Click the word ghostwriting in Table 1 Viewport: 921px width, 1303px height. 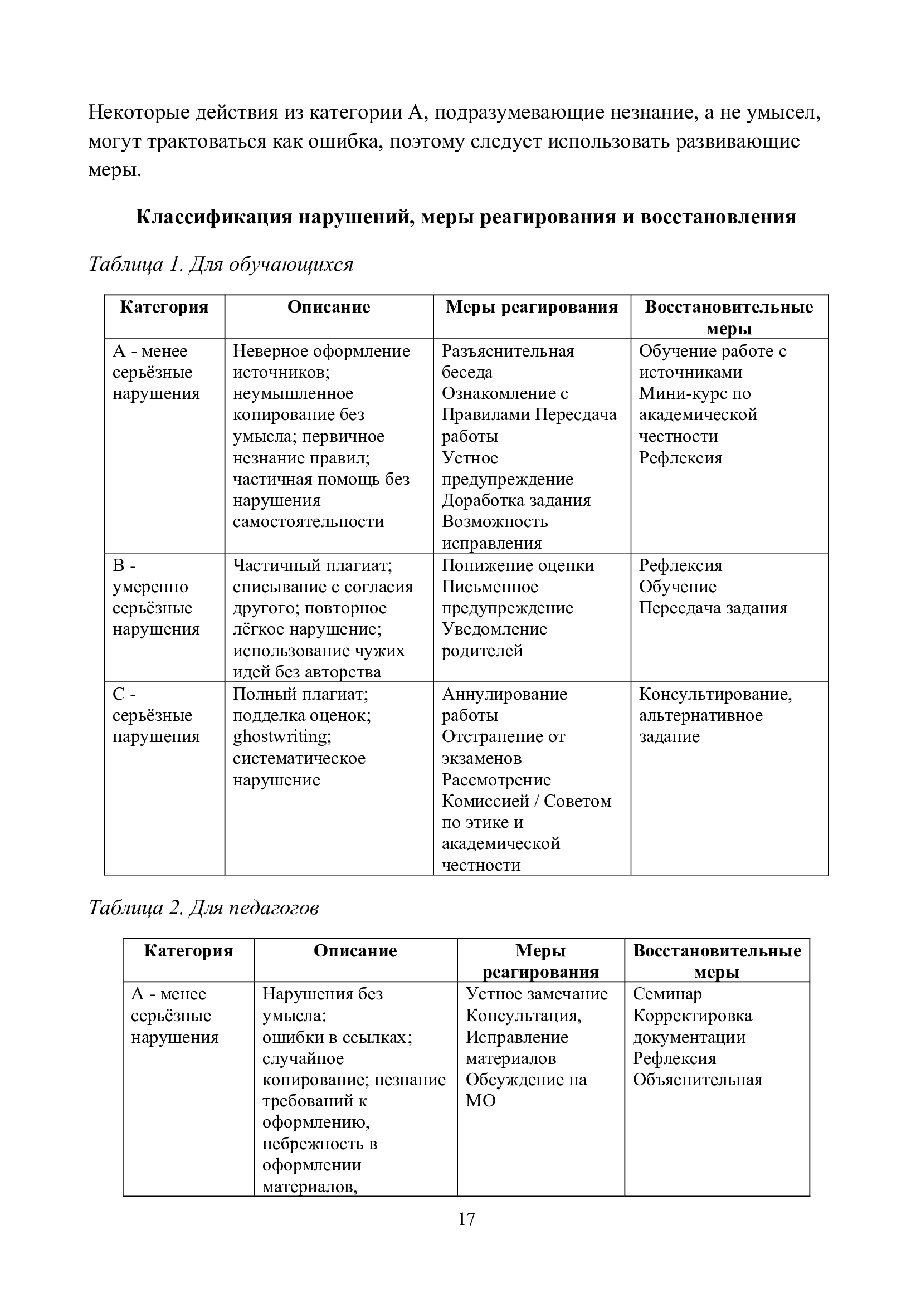click(x=281, y=736)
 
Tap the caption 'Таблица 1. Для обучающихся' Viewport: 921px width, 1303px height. click(x=221, y=265)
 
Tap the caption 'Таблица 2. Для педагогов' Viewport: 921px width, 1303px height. click(x=203, y=908)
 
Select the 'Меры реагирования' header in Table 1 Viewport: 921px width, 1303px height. click(x=531, y=308)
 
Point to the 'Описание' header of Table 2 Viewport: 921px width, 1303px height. click(x=355, y=951)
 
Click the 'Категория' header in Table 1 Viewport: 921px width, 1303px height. click(x=164, y=308)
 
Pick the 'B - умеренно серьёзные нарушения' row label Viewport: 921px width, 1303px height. click(x=156, y=597)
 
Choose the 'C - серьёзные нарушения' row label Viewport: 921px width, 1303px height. click(x=156, y=716)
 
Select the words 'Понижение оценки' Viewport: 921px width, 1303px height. click(x=518, y=565)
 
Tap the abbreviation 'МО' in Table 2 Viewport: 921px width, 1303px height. click(x=481, y=1101)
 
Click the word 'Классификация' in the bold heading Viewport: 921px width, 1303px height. click(x=214, y=217)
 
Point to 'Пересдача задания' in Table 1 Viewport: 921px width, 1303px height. click(x=713, y=608)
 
